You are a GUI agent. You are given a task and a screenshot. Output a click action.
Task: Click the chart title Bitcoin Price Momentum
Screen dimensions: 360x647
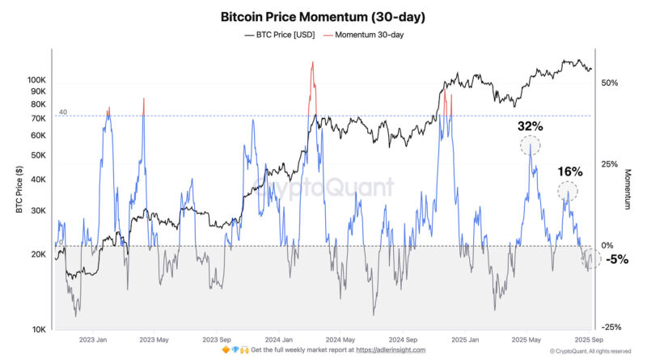pyautogui.click(x=323, y=16)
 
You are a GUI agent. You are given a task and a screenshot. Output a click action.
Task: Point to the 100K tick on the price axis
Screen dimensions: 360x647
pyautogui.click(x=37, y=80)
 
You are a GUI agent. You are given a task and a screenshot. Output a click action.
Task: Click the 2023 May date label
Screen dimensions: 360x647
pyautogui.click(x=154, y=340)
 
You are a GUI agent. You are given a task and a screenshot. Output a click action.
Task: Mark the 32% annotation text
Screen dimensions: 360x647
pyautogui.click(x=530, y=127)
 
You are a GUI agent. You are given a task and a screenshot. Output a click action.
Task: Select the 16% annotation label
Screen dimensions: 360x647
pyautogui.click(x=570, y=172)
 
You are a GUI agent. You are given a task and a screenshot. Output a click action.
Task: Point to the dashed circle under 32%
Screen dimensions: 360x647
pyautogui.click(x=530, y=146)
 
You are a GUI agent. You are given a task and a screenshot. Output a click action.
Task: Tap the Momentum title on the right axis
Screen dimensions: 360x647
pyautogui.click(x=627, y=190)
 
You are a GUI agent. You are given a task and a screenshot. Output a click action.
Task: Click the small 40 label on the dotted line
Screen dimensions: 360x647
pyautogui.click(x=62, y=112)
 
